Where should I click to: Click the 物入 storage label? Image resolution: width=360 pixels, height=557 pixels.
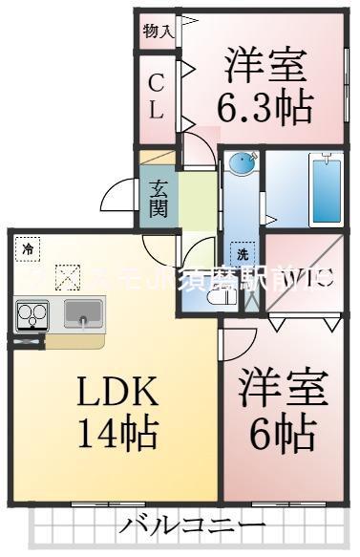click(x=158, y=32)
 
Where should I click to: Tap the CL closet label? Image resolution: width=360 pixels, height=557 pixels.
click(x=157, y=96)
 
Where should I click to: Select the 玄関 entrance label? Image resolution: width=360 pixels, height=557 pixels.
click(x=159, y=198)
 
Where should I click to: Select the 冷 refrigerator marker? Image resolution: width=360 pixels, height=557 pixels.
click(x=30, y=249)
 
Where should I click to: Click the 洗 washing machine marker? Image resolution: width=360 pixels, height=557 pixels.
click(x=243, y=255)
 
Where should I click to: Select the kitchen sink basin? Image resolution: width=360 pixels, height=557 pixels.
click(x=84, y=311)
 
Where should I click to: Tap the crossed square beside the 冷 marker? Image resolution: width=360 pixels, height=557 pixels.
click(x=67, y=276)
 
